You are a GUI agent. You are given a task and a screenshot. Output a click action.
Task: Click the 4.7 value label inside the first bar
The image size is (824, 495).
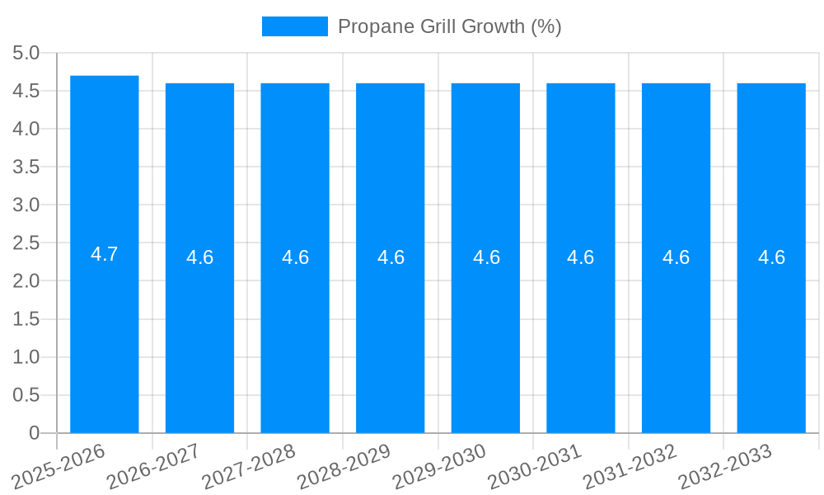(105, 254)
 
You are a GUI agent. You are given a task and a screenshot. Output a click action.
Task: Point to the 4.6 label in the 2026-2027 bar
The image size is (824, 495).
(199, 257)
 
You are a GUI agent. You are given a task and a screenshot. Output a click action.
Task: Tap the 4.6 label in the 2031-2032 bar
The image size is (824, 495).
(676, 257)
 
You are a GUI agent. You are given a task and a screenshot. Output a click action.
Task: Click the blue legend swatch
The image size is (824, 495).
(294, 26)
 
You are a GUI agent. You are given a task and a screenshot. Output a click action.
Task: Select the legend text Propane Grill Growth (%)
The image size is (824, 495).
(449, 26)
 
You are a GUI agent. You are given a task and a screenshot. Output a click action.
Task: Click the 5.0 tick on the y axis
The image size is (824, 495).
(26, 54)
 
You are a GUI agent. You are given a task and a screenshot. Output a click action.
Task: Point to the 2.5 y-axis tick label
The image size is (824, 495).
(26, 243)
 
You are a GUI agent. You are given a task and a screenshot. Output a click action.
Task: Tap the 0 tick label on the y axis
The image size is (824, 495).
(34, 433)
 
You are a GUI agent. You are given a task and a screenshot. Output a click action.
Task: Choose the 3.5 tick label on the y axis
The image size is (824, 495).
(26, 167)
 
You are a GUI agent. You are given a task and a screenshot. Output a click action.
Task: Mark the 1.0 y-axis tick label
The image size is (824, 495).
(26, 357)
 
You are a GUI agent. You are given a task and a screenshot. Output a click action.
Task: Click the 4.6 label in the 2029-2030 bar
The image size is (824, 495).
(486, 257)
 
